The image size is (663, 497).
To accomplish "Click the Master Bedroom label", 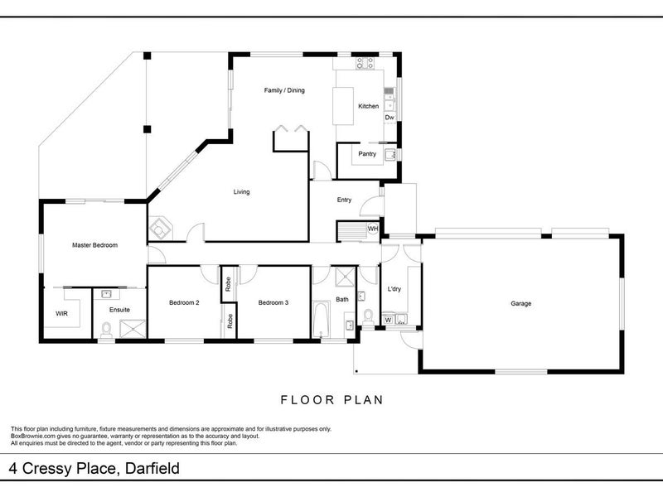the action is coord(94,245).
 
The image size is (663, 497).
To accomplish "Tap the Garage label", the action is coord(520,303).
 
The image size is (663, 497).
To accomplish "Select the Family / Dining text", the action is coord(284,90).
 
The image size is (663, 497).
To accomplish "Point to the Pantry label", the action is coord(367,154).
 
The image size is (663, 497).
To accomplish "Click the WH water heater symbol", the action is coord(372,229).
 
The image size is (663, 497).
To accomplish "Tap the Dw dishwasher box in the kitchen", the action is coord(390,118).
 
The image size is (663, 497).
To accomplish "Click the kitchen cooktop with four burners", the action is coord(365,63).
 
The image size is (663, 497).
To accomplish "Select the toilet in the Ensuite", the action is coord(106,329).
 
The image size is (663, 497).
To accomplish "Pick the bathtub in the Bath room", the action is coord(322,320).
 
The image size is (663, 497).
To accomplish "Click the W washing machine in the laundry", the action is coord(388,320).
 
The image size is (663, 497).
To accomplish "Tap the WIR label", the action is coord(61,314).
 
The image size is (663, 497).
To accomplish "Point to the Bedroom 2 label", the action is coord(184,302).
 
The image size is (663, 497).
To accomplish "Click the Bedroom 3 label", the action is coord(273,302).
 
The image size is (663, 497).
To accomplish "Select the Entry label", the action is coord(344,200).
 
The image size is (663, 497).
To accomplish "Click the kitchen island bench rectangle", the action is coord(343,106).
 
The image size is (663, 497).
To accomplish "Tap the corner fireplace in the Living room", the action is coord(160,229).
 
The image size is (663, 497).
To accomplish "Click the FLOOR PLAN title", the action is coord(332,400).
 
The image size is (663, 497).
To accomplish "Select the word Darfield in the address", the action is coord(152,468).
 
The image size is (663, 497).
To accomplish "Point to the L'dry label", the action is coord(394,289).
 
